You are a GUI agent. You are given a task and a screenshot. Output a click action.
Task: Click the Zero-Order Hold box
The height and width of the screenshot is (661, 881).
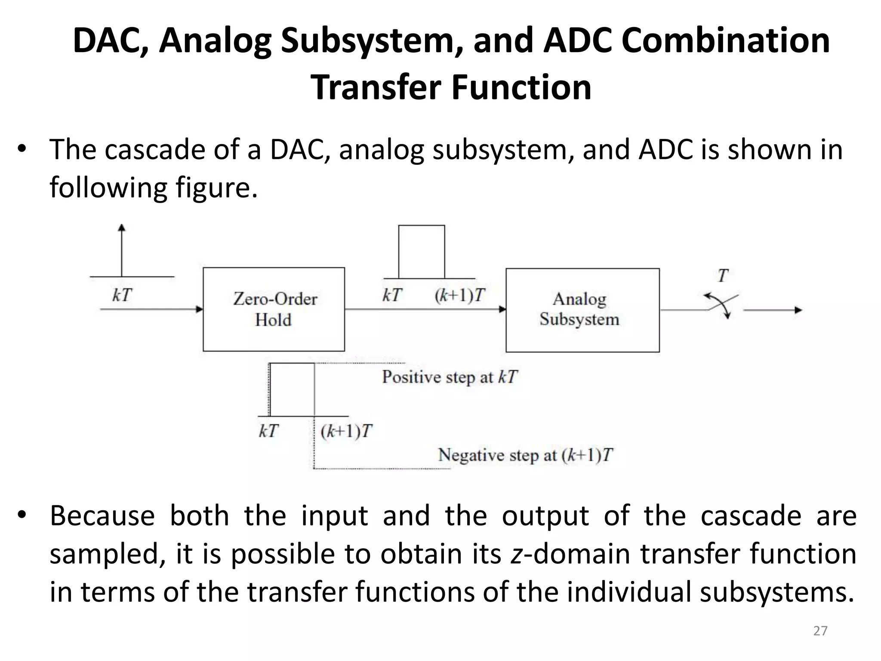tap(274, 309)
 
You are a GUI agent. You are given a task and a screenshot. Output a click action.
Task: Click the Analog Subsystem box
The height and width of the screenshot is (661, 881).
tap(582, 310)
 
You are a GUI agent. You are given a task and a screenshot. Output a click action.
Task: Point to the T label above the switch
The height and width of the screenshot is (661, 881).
tap(723, 275)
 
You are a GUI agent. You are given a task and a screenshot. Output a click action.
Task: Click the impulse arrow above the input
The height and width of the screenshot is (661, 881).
tap(122, 250)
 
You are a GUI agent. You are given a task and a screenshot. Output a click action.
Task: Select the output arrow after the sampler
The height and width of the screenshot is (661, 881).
tap(773, 310)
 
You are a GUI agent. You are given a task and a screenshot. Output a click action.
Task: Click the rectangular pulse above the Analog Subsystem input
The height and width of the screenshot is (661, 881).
tap(421, 252)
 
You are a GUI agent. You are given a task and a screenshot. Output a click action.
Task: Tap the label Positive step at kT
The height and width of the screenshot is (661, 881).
tap(450, 377)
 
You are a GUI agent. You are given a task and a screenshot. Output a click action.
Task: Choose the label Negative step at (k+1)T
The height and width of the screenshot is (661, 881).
tap(525, 455)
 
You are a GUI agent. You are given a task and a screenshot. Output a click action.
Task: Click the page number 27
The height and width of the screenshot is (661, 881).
tap(820, 631)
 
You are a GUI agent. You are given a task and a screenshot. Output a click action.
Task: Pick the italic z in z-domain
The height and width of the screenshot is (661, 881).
tap(516, 554)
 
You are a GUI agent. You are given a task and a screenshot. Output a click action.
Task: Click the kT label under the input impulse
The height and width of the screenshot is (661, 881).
tap(122, 296)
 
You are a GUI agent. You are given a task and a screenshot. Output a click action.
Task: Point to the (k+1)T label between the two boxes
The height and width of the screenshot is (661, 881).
tap(459, 296)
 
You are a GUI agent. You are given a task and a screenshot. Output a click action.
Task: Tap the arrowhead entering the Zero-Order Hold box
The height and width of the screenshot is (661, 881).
tap(199, 309)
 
